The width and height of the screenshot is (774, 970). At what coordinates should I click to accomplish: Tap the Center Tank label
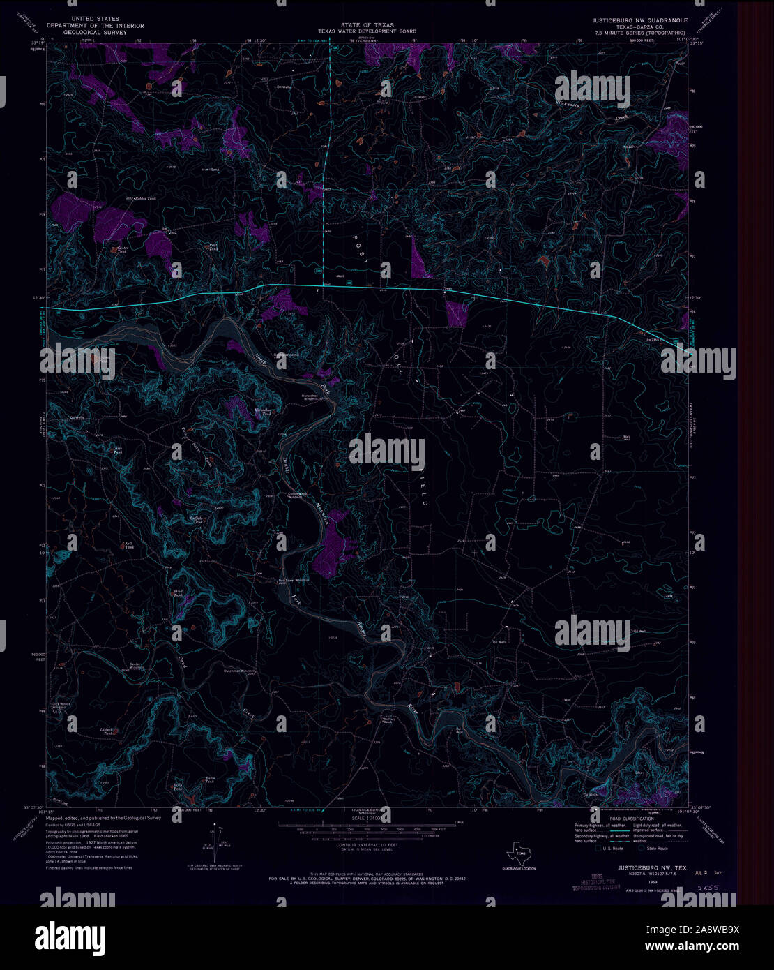[x=123, y=249]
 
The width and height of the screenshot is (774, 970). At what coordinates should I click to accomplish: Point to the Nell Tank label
[x=129, y=545]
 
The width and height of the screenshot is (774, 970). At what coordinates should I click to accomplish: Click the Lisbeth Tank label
[x=106, y=731]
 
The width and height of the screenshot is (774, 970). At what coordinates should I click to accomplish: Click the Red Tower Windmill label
[x=293, y=580]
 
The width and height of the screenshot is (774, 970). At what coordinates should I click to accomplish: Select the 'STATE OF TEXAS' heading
[x=367, y=25]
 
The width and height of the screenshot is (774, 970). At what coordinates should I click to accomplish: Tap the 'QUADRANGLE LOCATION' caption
[x=519, y=868]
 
